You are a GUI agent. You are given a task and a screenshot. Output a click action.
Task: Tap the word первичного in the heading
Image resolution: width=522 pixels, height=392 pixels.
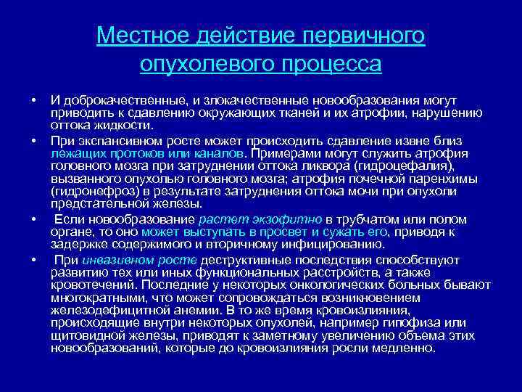click(362, 36)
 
